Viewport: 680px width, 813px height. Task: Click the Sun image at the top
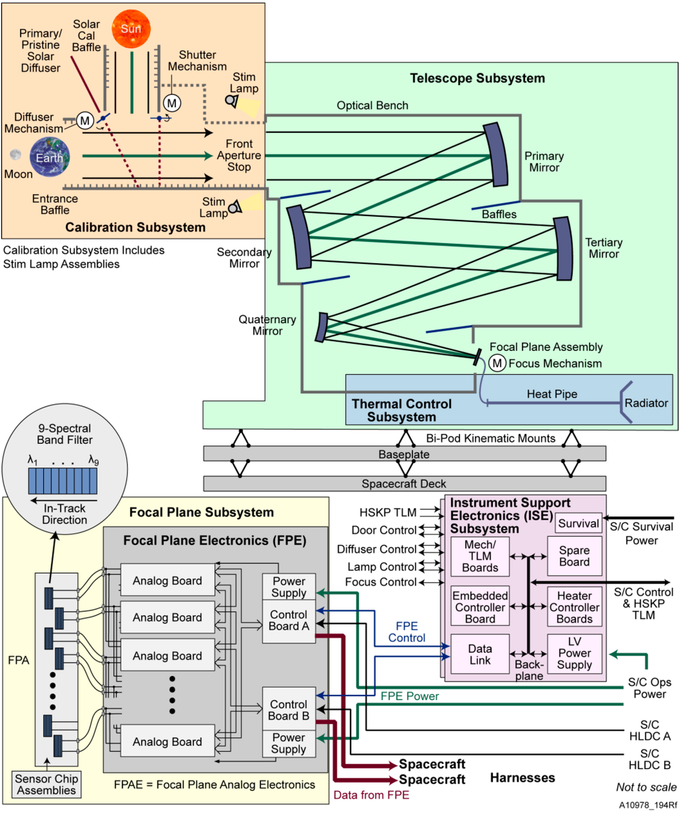coord(131,29)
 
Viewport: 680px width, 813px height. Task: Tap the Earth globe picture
coord(49,157)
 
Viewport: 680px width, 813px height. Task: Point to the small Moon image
coord(15,156)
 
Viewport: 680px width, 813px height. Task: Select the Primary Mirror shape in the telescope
coord(495,155)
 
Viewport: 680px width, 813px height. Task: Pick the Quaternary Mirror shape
coord(322,327)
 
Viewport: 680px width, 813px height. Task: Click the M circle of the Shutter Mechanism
coord(172,102)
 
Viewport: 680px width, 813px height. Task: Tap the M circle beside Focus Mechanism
coord(497,363)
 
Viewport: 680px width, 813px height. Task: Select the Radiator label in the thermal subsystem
coord(645,403)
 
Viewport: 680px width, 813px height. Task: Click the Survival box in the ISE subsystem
coord(578,523)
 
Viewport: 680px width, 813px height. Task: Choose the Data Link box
coord(479,654)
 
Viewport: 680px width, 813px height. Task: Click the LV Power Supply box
coord(574,653)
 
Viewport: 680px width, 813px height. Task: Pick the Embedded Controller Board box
coord(479,607)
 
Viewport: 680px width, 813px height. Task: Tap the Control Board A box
coord(288,621)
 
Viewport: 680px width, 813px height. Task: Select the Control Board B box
coord(288,710)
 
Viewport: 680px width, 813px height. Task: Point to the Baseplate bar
coord(404,454)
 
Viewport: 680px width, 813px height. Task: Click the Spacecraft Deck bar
coord(404,483)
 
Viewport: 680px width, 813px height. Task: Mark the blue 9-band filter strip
coord(63,480)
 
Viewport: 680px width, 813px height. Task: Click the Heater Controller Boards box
coord(574,607)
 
